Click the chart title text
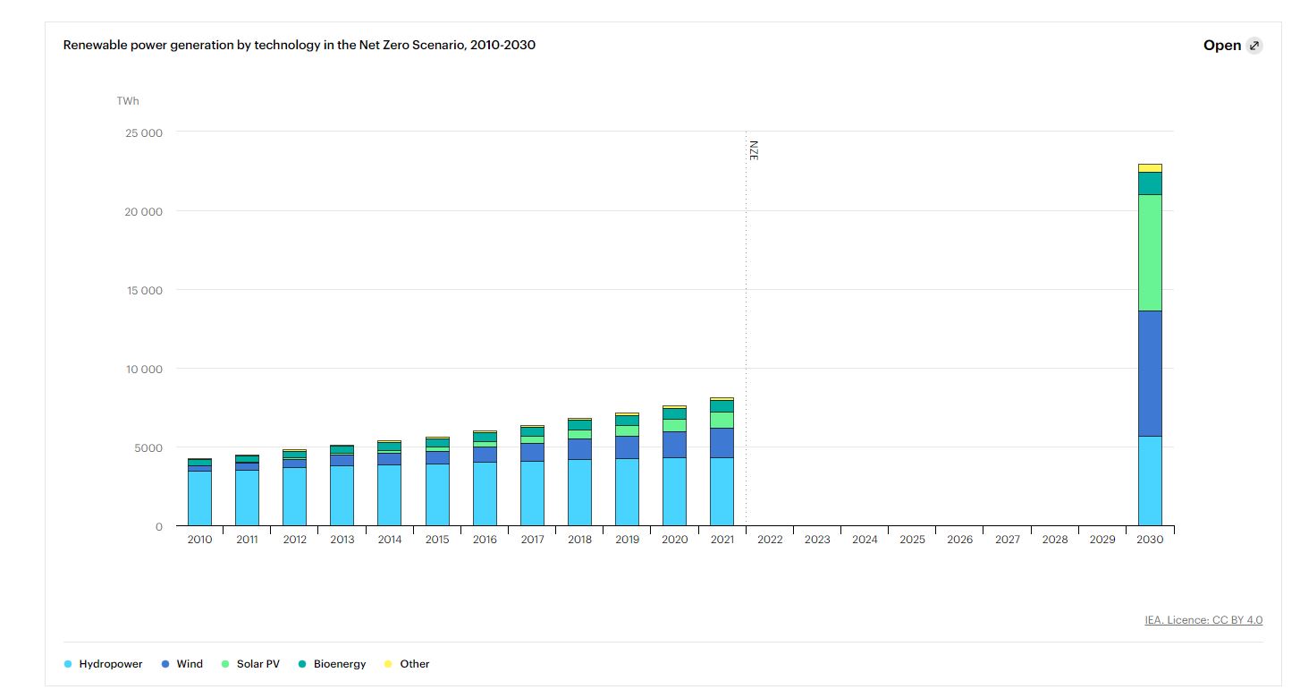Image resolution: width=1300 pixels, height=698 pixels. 299,45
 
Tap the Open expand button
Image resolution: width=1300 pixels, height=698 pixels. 1232,46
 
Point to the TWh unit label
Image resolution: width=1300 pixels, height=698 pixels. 128,101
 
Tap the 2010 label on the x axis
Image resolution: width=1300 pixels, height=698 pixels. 199,540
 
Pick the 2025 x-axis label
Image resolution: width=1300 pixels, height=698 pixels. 912,540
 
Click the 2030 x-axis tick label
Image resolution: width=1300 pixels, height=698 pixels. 1150,540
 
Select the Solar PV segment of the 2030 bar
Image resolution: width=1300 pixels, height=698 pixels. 1150,252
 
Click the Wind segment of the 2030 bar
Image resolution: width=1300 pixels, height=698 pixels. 1150,373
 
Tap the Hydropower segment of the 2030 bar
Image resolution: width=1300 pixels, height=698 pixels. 1150,481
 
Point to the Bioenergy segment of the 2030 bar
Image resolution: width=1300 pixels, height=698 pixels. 1150,183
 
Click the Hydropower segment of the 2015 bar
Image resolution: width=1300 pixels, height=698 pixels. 437,494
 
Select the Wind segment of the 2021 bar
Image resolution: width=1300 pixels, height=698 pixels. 722,443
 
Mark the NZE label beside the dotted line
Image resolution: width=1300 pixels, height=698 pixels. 754,149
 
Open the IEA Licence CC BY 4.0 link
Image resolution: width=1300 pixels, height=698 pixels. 1203,620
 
